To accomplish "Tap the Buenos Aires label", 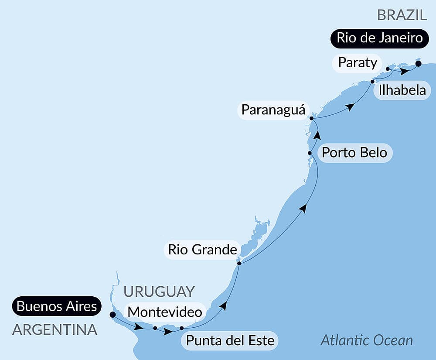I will coord(57,306).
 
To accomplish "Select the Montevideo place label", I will coord(164,312).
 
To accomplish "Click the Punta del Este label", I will coord(230,340).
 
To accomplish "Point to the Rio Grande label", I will coord(202,250).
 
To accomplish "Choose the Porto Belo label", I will coord(354,153).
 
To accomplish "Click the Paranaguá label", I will coord(273,109).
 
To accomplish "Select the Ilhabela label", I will coord(402,90).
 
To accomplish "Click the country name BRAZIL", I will coord(402,15).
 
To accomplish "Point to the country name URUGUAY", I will coord(159,291).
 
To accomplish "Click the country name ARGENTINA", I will coord(54,330).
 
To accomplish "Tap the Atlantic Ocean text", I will coord(366,340).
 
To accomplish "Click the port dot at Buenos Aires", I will coord(112,314).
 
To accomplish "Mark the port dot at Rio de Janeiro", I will coord(418,64).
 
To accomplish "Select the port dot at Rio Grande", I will coord(239,263).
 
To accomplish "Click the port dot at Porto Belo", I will coord(310,153).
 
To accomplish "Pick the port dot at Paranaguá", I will coord(311,118).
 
